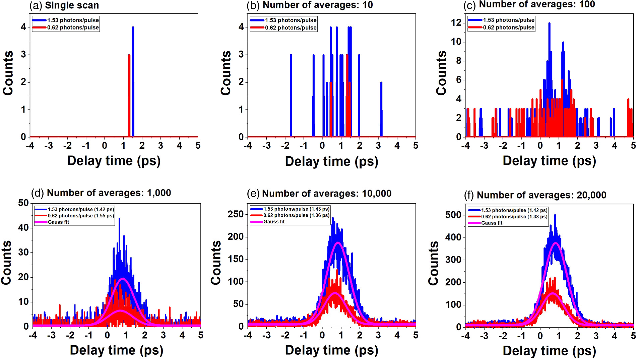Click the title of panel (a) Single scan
[x=64, y=5]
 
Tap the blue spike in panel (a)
[x=133, y=80]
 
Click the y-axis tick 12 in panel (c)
[x=456, y=23]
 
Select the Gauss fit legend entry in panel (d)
[x=58, y=222]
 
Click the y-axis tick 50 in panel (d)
[x=23, y=203]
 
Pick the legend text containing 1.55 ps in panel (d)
[x=80, y=216]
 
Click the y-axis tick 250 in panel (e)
[x=236, y=214]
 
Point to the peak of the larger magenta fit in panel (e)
[x=338, y=243]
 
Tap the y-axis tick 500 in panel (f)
[x=453, y=215]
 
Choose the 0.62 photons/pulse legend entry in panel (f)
[x=514, y=217]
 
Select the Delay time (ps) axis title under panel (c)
[x=549, y=161]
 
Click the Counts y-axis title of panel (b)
[x=226, y=73]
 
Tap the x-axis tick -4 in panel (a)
[x=30, y=145]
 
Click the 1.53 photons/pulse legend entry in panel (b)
[x=291, y=20]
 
